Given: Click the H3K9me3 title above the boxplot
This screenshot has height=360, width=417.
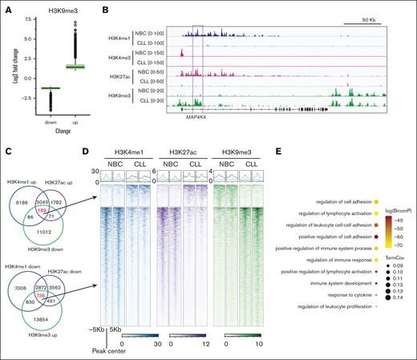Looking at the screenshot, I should coord(51,7).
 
